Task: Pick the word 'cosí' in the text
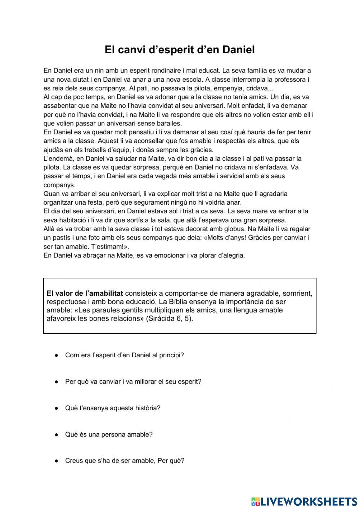click(222, 132)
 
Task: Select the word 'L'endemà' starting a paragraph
click(57, 158)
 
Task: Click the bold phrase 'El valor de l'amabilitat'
click(85, 293)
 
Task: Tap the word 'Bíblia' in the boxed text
click(179, 302)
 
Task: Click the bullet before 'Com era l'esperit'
click(57, 355)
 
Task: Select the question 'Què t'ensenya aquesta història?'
click(113, 408)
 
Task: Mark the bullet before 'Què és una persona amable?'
click(57, 434)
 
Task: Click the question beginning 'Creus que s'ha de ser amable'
click(125, 461)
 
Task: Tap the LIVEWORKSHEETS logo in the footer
click(304, 501)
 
